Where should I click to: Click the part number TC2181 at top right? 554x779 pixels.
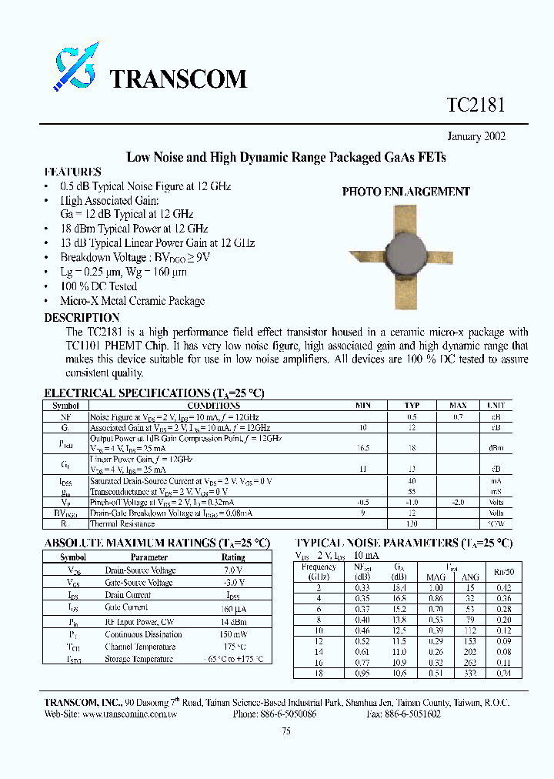coord(476,105)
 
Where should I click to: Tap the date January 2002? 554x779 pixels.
coord(477,137)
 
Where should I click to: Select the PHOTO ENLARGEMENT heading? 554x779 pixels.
coord(405,192)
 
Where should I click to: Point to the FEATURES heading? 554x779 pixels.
coord(72,172)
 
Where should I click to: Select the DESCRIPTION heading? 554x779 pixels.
coord(82,317)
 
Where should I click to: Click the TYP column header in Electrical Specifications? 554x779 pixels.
coord(412,405)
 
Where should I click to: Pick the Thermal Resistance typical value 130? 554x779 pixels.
coord(412,523)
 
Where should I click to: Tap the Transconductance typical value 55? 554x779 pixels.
coord(412,490)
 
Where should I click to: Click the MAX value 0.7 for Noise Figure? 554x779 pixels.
coord(458,416)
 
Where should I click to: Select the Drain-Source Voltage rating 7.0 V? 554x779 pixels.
coord(233,570)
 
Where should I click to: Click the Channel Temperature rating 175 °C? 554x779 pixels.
coord(233,647)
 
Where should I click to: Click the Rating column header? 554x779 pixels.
coord(233,557)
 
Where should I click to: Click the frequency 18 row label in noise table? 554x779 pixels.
coord(318,673)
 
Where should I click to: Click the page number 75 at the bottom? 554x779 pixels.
coord(286,732)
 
